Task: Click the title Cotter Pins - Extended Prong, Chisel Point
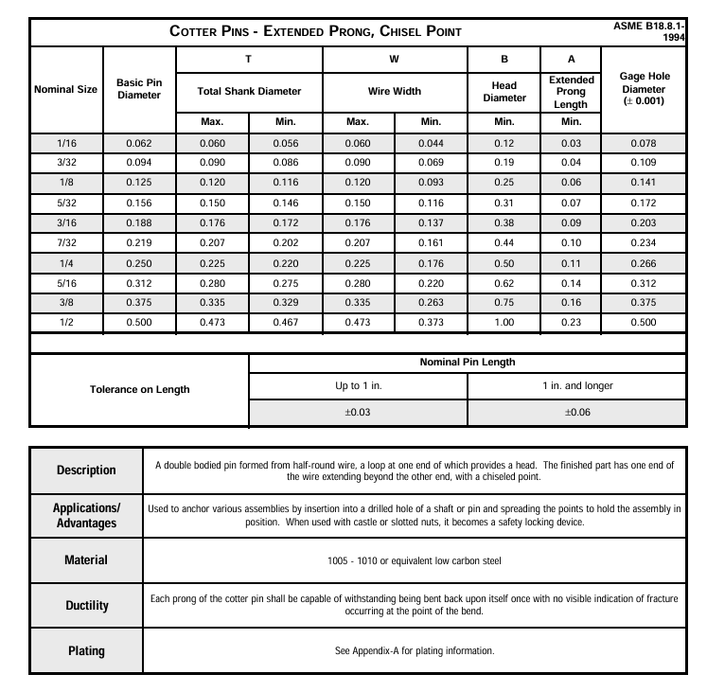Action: pos(315,31)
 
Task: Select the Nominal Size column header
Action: pos(65,90)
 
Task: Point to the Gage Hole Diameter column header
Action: pos(649,90)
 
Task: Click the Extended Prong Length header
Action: pos(572,92)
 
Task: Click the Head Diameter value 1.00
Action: pos(504,323)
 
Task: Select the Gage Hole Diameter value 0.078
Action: pos(649,143)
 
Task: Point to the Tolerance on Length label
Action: pos(139,389)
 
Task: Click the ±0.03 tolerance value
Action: pos(358,412)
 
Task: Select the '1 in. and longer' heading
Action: pos(576,386)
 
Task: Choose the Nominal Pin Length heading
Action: pos(468,363)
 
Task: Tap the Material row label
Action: pos(85,559)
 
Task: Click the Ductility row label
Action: pos(85,605)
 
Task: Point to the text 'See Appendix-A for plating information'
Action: pos(415,650)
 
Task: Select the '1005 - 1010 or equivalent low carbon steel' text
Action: pos(415,560)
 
